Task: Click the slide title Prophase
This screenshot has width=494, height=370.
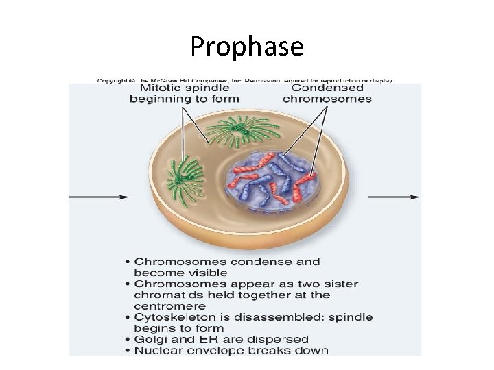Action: [x=246, y=47]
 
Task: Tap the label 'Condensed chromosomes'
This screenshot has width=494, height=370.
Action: [x=327, y=92]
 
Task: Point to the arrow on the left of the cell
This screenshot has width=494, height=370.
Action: [x=99, y=197]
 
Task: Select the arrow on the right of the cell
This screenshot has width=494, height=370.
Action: [x=394, y=197]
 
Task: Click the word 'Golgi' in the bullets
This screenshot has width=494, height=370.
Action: [x=150, y=339]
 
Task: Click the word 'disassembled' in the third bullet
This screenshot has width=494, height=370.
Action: [x=281, y=317]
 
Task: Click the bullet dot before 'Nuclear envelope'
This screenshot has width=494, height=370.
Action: [x=128, y=351]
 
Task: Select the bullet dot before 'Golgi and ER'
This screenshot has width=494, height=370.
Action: [x=128, y=340]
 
